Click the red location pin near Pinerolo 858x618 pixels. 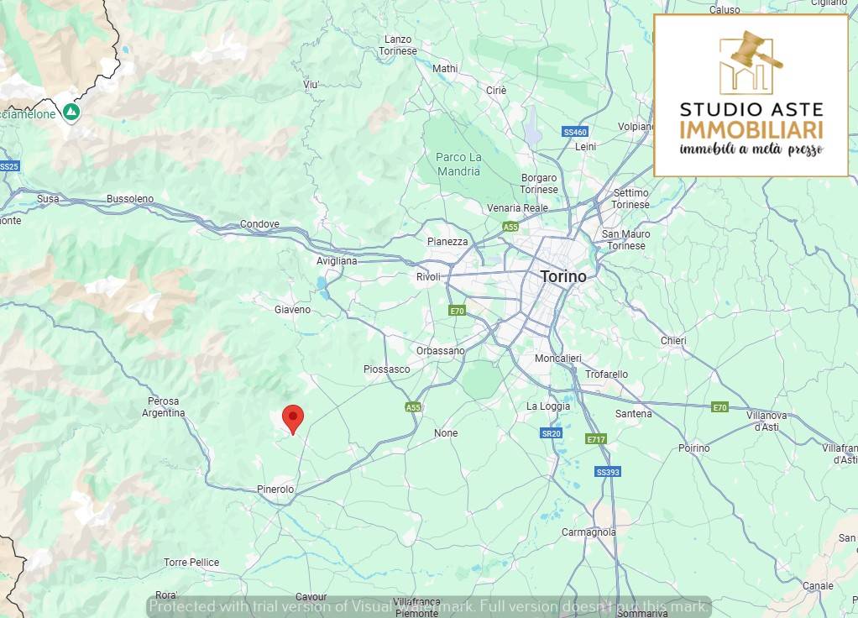[292, 417]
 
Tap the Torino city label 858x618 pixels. [563, 276]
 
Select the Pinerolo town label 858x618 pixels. [275, 489]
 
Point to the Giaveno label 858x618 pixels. [292, 310]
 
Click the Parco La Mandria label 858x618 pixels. [458, 164]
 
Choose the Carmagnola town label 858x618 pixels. [589, 532]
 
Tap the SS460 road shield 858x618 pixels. [575, 132]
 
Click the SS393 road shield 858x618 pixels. [607, 472]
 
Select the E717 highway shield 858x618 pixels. [596, 439]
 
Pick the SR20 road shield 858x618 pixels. [551, 433]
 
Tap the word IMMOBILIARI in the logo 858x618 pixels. [751, 130]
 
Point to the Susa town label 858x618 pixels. [49, 199]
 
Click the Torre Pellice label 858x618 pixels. [191, 563]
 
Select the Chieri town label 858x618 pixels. [673, 341]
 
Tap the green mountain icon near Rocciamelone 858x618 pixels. [71, 112]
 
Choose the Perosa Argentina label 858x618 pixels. [163, 407]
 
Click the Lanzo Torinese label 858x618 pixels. [398, 45]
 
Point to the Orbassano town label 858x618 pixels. [440, 351]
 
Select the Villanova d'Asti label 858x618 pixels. [767, 421]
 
